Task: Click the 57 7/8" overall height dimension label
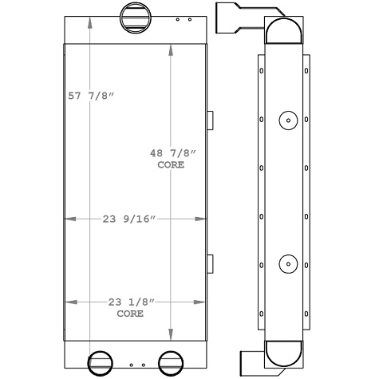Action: click(92, 97)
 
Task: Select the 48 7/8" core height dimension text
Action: click(171, 153)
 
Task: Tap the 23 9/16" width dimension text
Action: click(129, 218)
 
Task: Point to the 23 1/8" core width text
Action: click(129, 302)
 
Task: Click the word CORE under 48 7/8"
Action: click(171, 165)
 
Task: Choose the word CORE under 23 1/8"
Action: click(129, 314)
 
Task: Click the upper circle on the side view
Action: click(286, 120)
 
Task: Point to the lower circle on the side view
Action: click(286, 264)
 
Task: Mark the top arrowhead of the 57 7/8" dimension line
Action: click(89, 19)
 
